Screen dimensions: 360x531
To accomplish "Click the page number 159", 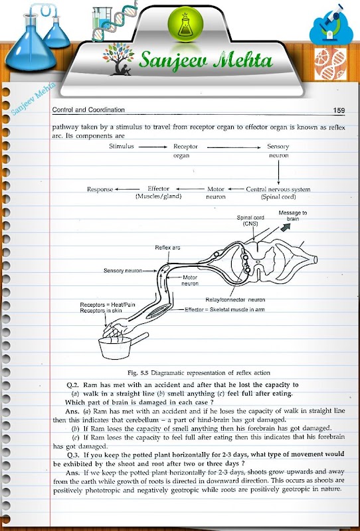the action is pyautogui.click(x=339, y=110).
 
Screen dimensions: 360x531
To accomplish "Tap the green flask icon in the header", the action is pyautogui.click(x=185, y=24).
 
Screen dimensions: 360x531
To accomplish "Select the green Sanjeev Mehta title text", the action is pyautogui.click(x=206, y=61).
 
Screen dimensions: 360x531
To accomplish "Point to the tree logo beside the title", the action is pyautogui.click(x=118, y=59).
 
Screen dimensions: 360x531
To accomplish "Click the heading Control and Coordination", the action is pyautogui.click(x=88, y=110).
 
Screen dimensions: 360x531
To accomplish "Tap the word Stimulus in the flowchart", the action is pyautogui.click(x=122, y=146).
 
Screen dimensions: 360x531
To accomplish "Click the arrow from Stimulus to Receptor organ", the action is pyautogui.click(x=153, y=147).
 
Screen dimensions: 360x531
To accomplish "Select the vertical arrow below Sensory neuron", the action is pyautogui.click(x=279, y=173).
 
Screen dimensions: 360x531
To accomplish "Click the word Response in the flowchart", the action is pyautogui.click(x=100, y=189).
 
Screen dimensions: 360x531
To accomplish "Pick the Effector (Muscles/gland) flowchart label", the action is pyautogui.click(x=158, y=192).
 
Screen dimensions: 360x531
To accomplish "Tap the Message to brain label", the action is pyautogui.click(x=292, y=216).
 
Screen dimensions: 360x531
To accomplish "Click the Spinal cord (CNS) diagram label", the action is pyautogui.click(x=250, y=220).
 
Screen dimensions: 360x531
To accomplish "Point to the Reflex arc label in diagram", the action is pyautogui.click(x=167, y=248).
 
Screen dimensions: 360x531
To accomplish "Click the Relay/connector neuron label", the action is pyautogui.click(x=235, y=300).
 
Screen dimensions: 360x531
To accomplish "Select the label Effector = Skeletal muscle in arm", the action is pyautogui.click(x=225, y=309).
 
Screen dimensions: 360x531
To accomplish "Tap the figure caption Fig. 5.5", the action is pyautogui.click(x=199, y=373).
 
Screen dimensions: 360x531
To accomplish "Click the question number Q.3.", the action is pyautogui.click(x=74, y=455).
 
